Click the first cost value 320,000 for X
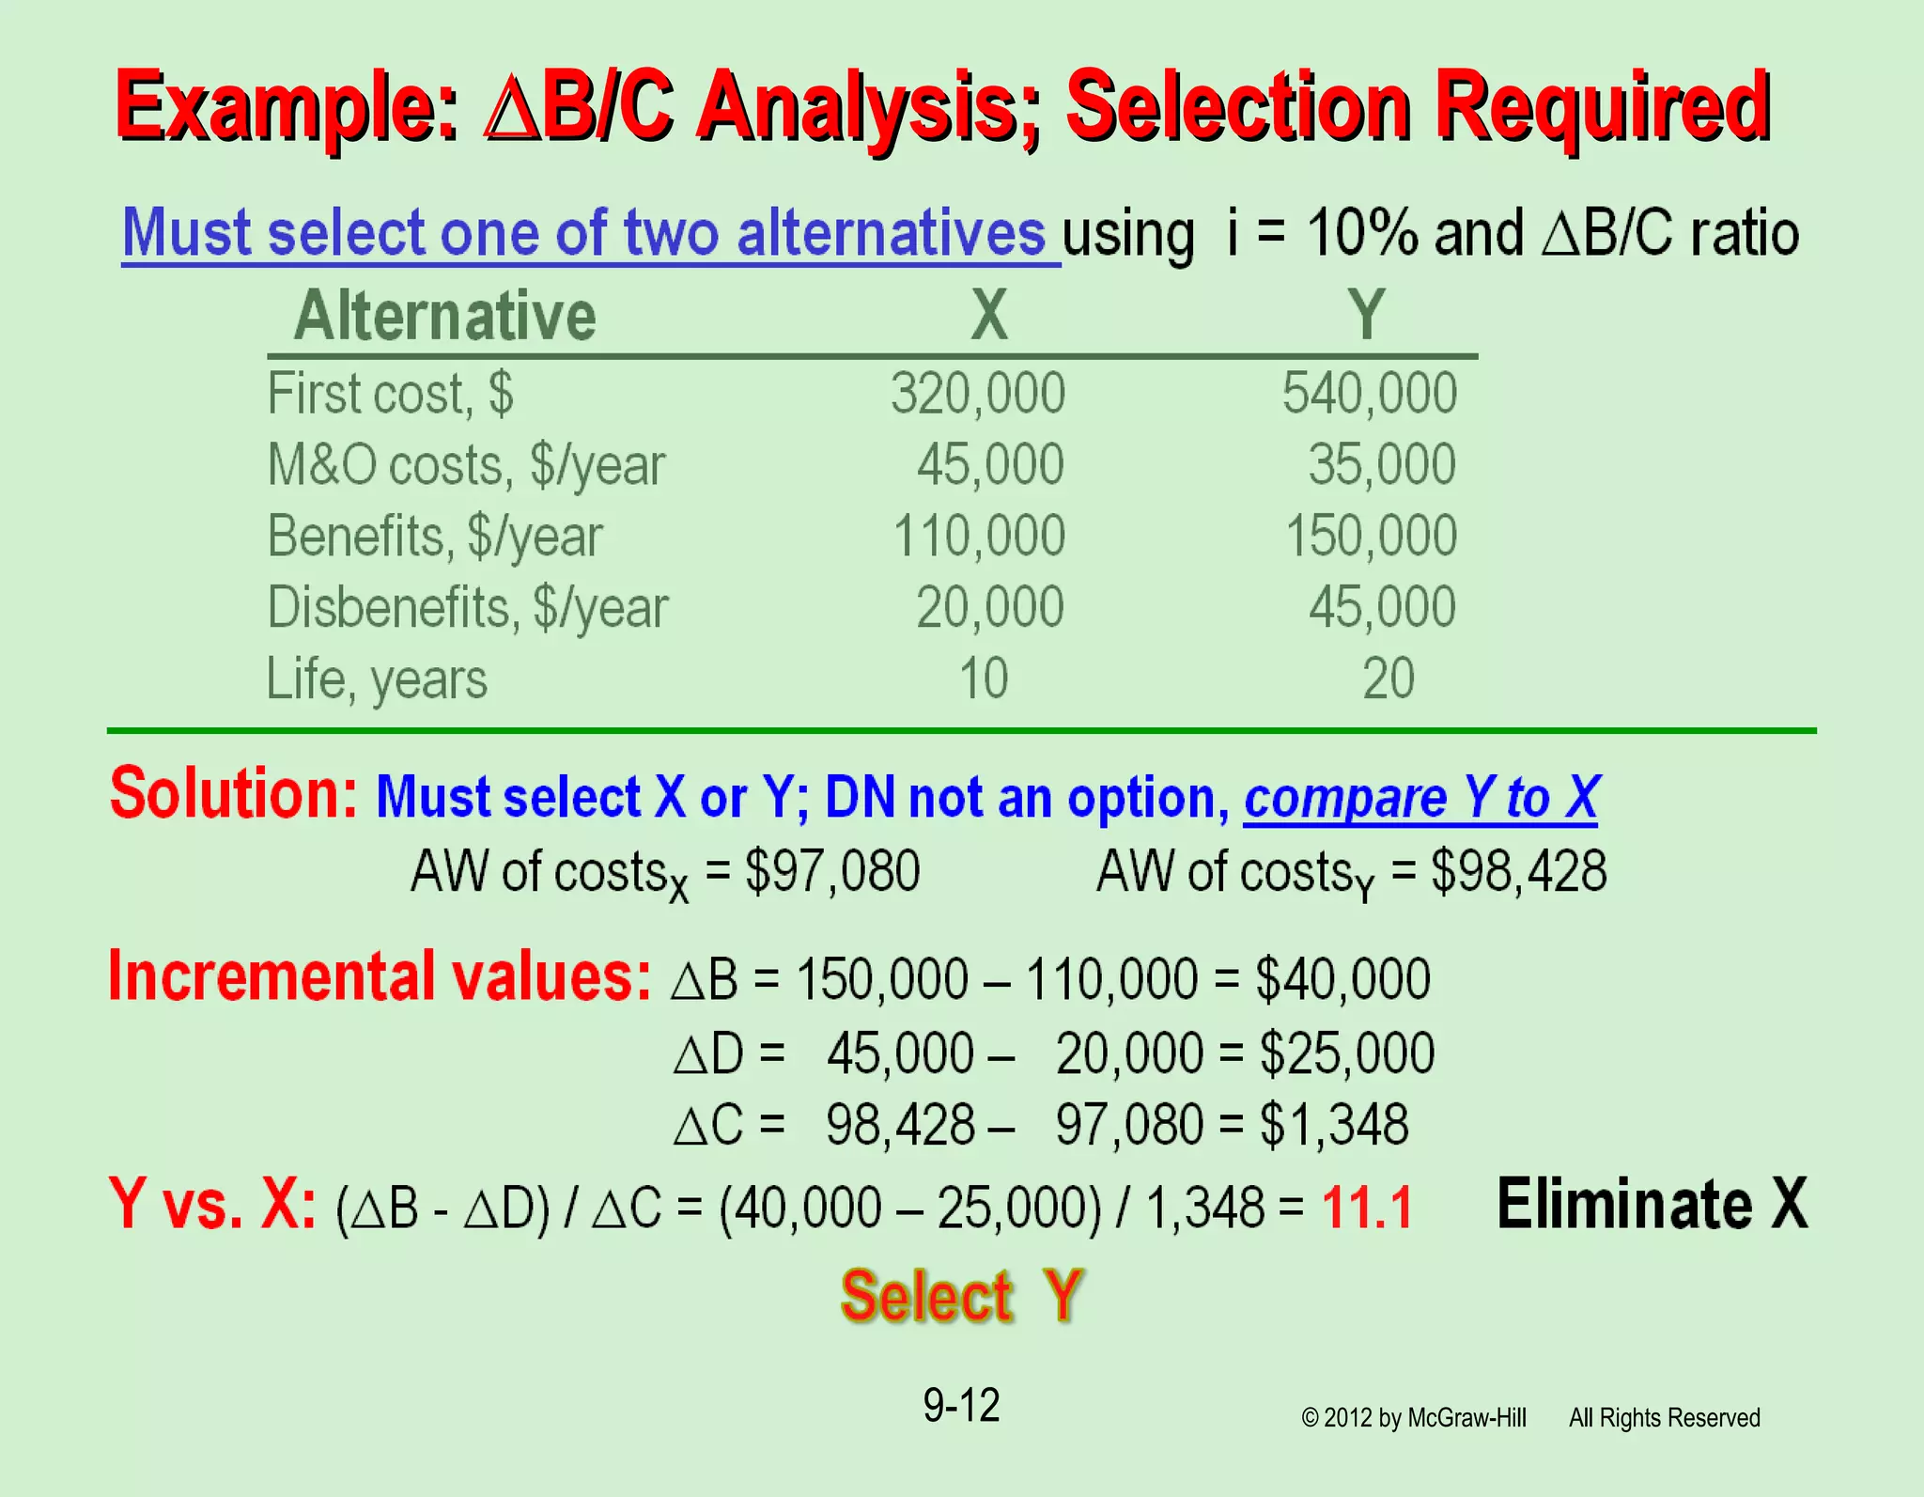pos(978,393)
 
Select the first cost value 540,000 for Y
pos(1370,393)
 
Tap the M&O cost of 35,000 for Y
pos(1382,464)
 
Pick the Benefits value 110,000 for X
pos(979,536)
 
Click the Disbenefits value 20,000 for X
pos(990,607)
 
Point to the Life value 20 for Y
pos(1389,678)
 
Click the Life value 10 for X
pos(984,678)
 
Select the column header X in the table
pos(989,315)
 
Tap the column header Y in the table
pos(1367,315)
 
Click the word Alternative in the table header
pos(445,316)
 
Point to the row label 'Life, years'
pos(377,679)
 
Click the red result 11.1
pos(1367,1208)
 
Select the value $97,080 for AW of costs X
pos(832,871)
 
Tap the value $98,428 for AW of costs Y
pos(1518,871)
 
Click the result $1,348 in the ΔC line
pos(1334,1125)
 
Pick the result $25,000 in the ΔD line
pos(1347,1053)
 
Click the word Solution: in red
pos(234,794)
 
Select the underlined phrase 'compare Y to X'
pos(1420,799)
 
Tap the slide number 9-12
pos(961,1406)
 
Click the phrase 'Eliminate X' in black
pos(1652,1204)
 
